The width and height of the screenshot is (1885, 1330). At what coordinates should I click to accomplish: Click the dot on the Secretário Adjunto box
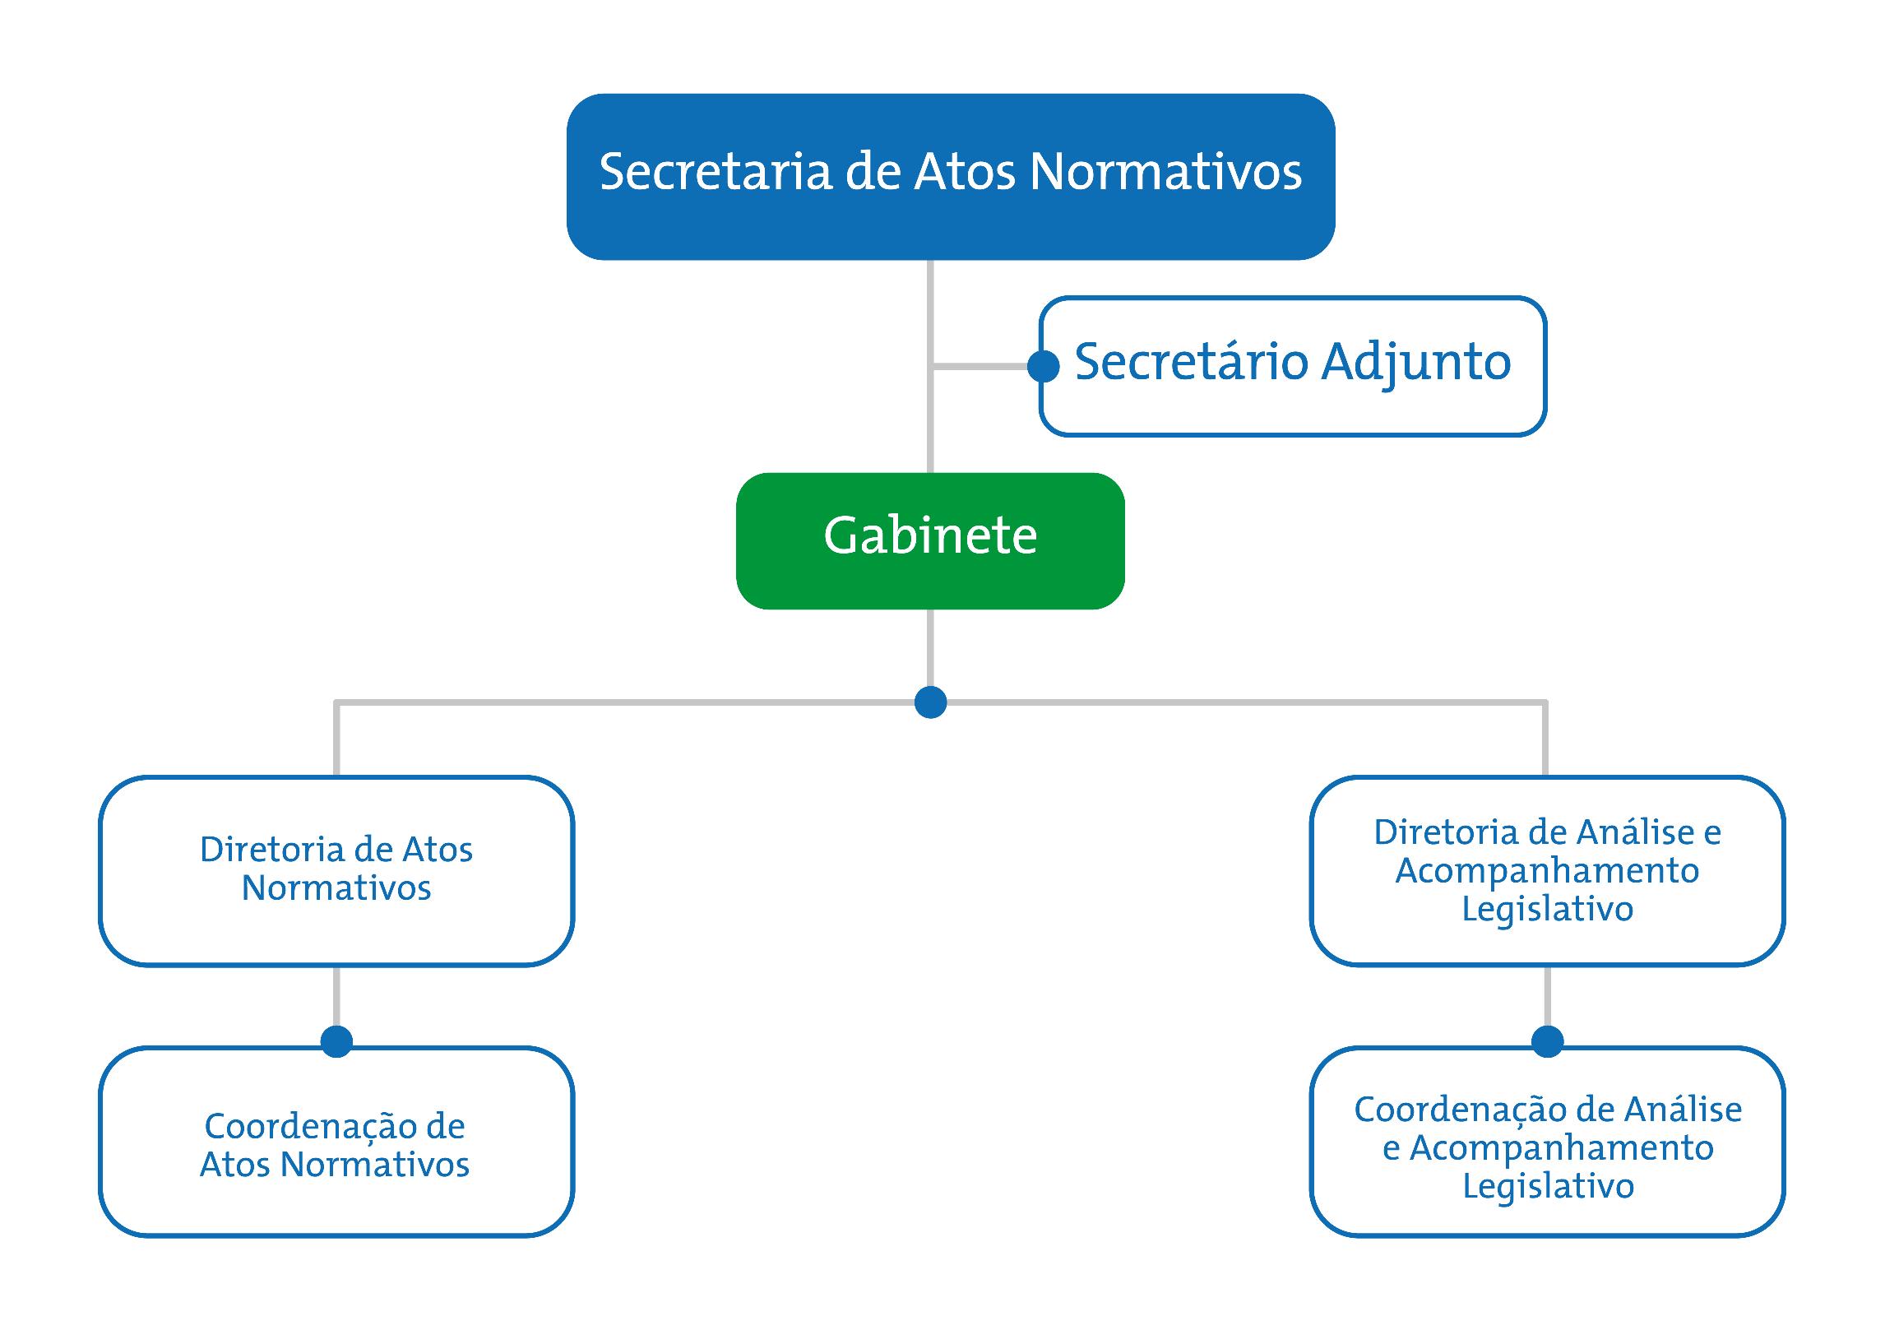[x=1044, y=366]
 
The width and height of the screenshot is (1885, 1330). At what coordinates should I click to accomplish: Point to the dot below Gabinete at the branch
[x=930, y=702]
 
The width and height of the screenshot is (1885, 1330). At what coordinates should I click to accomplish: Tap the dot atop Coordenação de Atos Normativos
[x=336, y=1041]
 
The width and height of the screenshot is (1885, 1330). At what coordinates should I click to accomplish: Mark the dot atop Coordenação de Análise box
[x=1547, y=1041]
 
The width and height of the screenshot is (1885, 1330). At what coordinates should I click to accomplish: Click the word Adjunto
[x=1416, y=362]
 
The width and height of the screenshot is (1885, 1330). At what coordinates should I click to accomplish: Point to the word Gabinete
[x=930, y=536]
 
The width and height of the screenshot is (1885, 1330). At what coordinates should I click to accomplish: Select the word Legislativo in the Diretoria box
[x=1547, y=909]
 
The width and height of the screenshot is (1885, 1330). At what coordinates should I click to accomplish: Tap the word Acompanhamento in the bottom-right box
[x=1561, y=1148]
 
